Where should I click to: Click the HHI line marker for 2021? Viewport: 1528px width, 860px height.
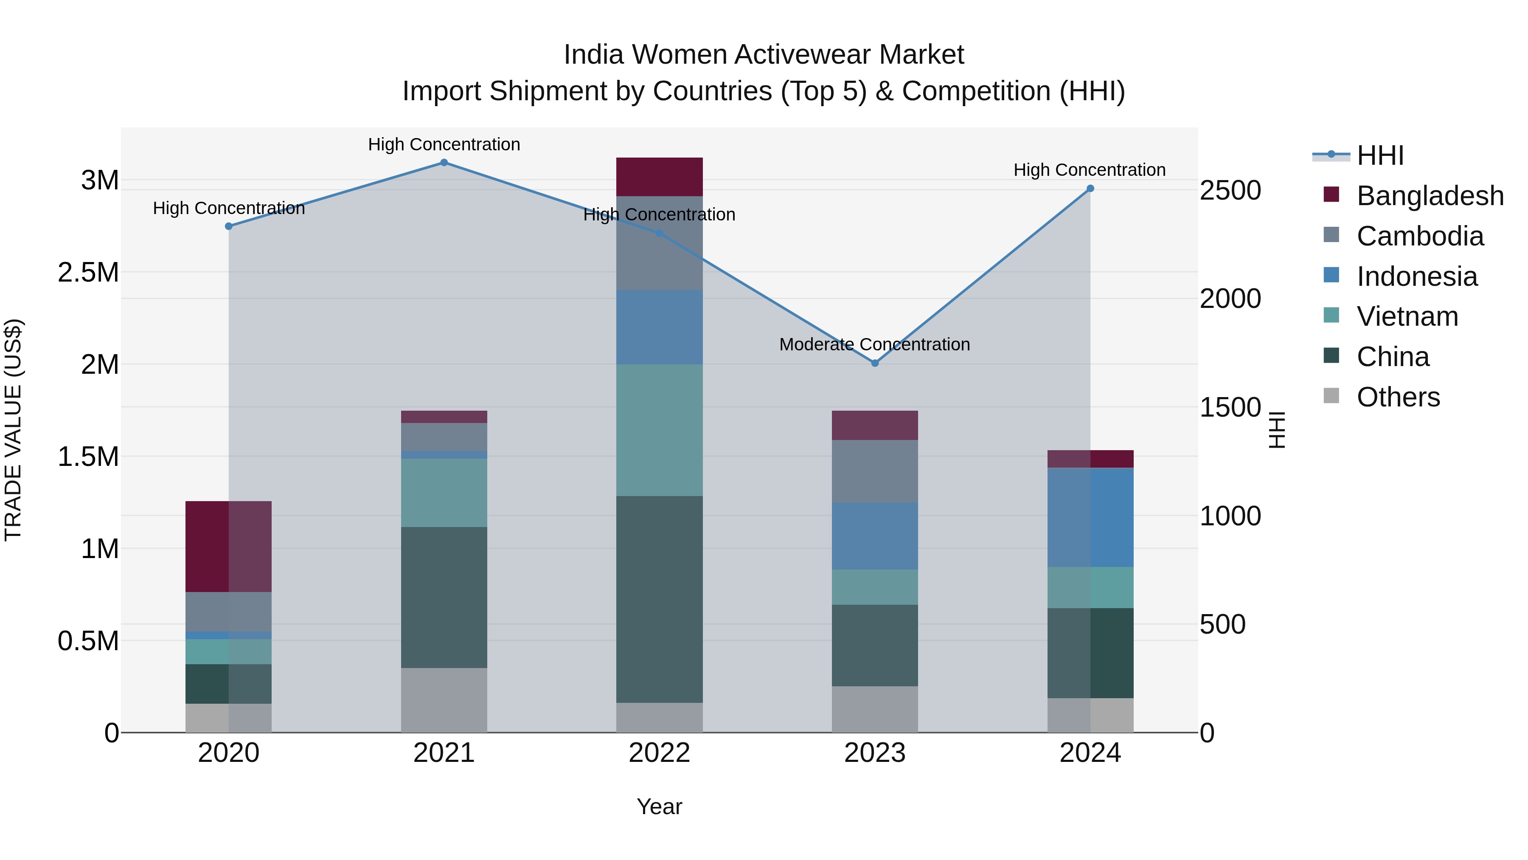pos(444,163)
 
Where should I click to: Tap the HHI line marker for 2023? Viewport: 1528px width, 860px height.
pos(875,363)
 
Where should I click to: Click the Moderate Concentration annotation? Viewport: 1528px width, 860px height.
pos(874,344)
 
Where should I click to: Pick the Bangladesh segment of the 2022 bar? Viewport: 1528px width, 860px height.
pos(659,177)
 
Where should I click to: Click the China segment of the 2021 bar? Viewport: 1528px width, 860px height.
pos(444,597)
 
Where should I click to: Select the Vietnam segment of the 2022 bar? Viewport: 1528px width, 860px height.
pos(659,430)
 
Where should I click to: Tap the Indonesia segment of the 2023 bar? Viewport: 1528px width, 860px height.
pos(875,536)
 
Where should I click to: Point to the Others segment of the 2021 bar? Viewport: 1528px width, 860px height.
pos(444,700)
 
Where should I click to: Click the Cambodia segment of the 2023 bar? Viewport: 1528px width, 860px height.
pos(875,471)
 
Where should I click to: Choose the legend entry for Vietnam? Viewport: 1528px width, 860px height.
pos(1407,316)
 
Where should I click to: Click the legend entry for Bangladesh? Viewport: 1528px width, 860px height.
pos(1430,196)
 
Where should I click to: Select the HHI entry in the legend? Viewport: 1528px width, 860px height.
pos(1380,155)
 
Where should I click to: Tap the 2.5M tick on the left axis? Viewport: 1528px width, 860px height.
pos(88,272)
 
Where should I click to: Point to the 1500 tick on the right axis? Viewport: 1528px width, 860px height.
pos(1230,407)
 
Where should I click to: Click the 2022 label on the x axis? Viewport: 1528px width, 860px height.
pos(659,753)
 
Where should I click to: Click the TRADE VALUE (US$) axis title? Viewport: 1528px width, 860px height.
pos(13,430)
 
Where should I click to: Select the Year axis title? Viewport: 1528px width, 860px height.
pos(659,806)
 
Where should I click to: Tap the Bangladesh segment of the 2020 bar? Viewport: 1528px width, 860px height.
pos(228,546)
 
